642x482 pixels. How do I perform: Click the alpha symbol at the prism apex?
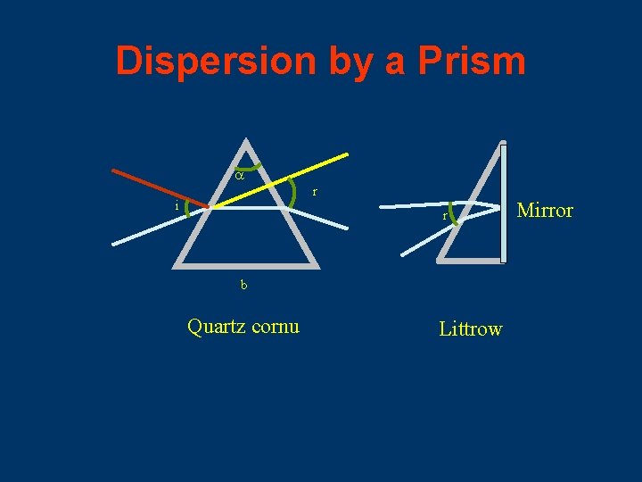click(x=238, y=177)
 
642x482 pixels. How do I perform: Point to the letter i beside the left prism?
click(x=177, y=206)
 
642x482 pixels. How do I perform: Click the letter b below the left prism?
click(x=243, y=286)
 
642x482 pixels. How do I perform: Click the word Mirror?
click(x=545, y=211)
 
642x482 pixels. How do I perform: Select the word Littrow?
click(x=470, y=329)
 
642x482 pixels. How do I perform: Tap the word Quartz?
click(x=217, y=327)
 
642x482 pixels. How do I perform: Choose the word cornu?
click(x=276, y=327)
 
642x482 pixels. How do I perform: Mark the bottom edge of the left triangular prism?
click(x=246, y=266)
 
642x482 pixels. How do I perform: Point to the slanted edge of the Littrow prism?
click(x=470, y=200)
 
